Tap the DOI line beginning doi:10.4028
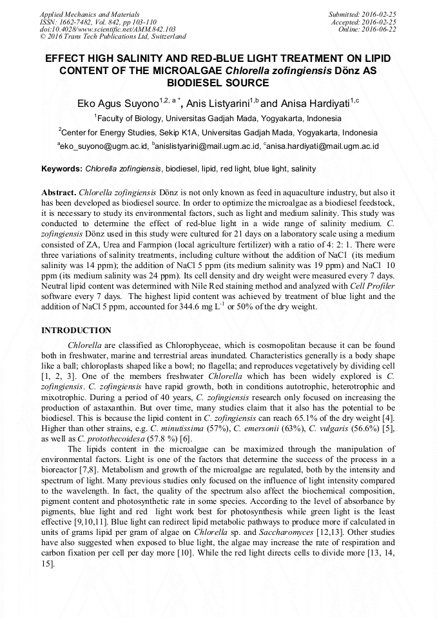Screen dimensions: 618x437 [108, 30]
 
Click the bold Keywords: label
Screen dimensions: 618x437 [62, 169]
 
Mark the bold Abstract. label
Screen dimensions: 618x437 [59, 193]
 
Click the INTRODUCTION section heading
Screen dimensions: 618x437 [76, 331]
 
